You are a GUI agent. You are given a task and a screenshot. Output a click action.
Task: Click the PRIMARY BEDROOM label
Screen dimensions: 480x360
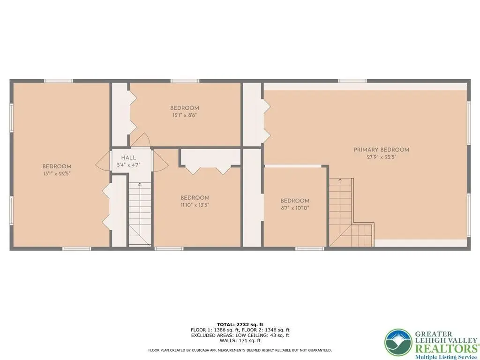pos(382,150)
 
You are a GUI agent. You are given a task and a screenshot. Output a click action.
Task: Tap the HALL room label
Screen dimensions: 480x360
pos(128,158)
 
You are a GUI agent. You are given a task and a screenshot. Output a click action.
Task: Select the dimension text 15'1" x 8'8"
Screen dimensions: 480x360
pos(185,115)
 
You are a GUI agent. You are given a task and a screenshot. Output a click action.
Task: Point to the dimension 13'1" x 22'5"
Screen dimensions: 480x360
pos(57,174)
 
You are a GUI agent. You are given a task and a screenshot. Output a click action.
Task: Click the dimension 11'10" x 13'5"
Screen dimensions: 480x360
pos(195,205)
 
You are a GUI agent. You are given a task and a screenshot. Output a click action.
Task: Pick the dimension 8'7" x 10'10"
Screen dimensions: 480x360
pos(295,208)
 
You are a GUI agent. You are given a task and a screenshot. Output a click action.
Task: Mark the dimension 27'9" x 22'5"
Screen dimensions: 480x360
pos(382,157)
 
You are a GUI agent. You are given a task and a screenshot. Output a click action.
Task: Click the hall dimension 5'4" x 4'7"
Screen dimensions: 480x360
pos(128,165)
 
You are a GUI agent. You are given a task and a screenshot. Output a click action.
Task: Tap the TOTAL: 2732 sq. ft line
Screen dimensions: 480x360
pos(240,324)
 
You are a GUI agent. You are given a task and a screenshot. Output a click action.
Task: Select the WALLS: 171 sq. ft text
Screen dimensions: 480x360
pos(240,340)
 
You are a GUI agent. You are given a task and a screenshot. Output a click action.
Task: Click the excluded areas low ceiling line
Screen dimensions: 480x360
pos(240,335)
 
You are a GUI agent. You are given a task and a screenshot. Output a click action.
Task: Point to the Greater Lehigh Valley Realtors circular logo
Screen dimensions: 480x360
pos(398,342)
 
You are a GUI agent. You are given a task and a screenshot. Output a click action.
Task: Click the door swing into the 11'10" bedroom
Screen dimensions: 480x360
pos(160,161)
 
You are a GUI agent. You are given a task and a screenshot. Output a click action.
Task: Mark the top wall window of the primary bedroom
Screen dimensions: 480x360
pos(352,81)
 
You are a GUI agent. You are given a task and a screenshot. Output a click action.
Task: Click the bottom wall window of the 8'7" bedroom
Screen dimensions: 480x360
pos(309,248)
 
